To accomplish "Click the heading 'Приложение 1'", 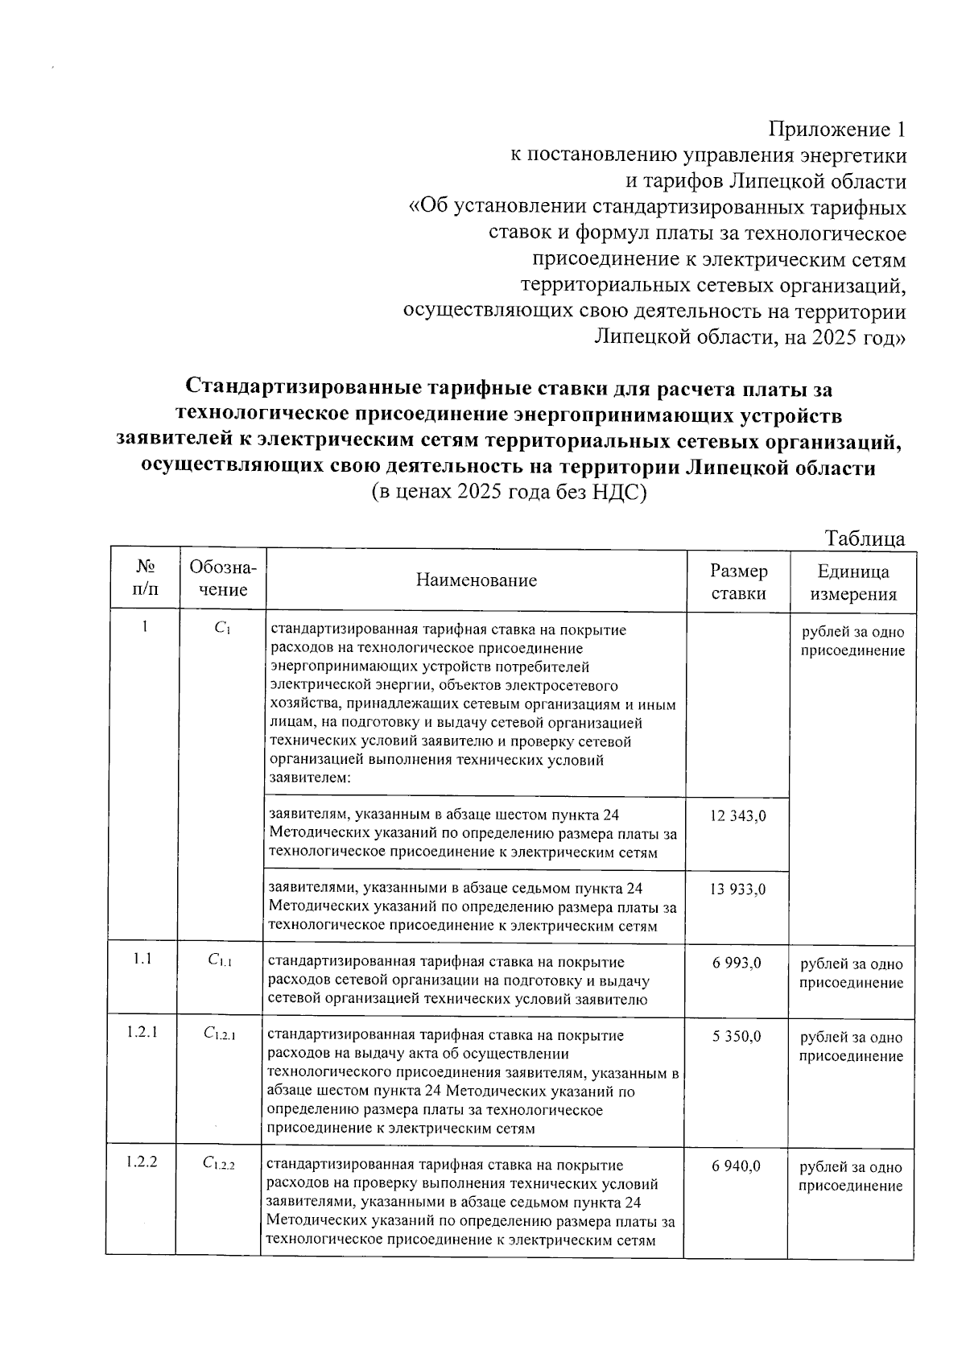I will point(837,130).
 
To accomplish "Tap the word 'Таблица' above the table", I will point(865,539).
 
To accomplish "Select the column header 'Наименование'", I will point(476,580).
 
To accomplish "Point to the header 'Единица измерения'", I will point(852,583).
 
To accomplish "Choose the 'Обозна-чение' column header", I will point(223,578).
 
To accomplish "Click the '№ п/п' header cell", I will point(145,578).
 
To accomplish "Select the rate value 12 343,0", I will point(737,815).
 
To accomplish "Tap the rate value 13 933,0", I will point(737,889).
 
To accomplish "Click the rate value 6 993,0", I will point(737,963).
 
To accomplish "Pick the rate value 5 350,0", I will point(737,1036).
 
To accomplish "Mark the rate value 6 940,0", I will point(737,1166).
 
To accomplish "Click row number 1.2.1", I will point(142,1034).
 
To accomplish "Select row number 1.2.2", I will point(142,1162).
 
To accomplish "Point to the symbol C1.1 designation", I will point(220,960).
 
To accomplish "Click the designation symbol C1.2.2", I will point(219,1163).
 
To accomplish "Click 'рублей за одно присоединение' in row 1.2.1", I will point(851,1046).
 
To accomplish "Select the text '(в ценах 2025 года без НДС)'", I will point(509,493).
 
